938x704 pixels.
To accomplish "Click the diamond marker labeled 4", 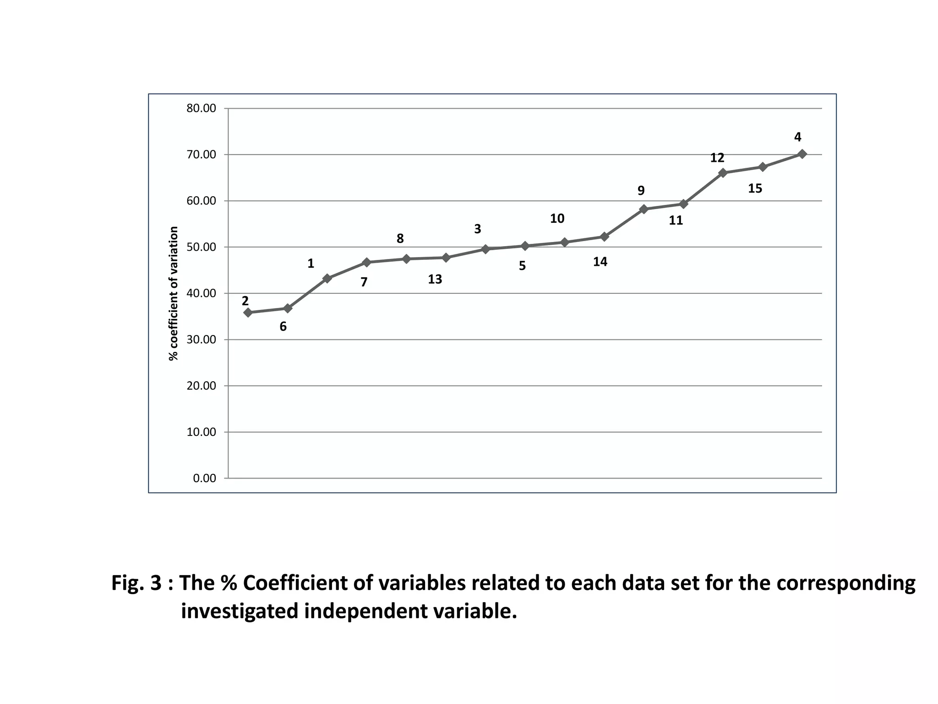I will point(802,154).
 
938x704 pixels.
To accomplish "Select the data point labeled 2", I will point(248,313).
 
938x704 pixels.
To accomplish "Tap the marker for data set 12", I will point(723,173).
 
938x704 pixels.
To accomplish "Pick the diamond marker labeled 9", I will point(644,209).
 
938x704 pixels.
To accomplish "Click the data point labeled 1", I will point(327,278).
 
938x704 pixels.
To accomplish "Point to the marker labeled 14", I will point(604,236).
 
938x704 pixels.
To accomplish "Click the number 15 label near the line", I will point(755,188).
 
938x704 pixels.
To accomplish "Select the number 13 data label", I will point(435,279).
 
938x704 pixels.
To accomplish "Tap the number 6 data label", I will point(283,327).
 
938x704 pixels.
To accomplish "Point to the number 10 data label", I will point(557,219).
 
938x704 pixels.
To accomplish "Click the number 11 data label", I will point(676,221).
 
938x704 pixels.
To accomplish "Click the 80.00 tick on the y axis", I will point(201,109).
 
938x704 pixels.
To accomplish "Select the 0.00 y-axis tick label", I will point(204,478).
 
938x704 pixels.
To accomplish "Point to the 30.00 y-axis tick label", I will point(201,340).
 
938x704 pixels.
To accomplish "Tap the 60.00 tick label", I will point(201,201).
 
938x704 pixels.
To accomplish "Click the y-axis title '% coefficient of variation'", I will point(174,293).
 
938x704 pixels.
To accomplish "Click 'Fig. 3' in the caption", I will point(136,583).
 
